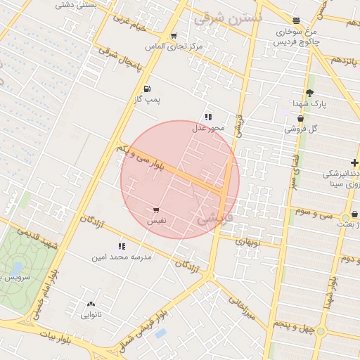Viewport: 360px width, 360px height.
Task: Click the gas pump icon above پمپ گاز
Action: tap(147, 89)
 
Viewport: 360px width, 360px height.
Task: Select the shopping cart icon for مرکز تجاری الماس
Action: tap(173, 35)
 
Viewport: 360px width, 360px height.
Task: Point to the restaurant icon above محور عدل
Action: tap(207, 117)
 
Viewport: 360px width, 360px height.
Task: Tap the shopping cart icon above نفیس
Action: tap(155, 210)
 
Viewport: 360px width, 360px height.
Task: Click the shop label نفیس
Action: tap(156, 221)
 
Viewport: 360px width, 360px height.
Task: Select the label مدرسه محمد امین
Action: tap(121, 257)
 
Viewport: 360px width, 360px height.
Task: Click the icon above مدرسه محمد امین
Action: tap(121, 246)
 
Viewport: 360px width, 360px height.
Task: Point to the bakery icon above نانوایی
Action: tap(91, 304)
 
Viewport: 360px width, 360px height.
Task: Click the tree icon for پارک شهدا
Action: tap(309, 93)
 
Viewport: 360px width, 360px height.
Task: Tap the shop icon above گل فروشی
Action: tap(300, 118)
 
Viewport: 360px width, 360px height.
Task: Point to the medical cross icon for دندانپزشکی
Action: tap(355, 162)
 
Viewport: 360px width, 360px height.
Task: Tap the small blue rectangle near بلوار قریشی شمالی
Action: tap(160, 333)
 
